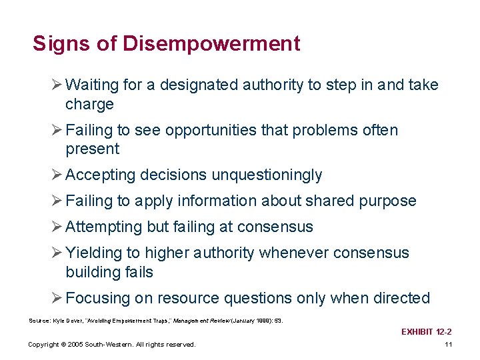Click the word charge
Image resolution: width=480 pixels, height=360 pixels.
pos(89,105)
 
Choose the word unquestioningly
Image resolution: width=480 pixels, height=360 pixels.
pos(267,175)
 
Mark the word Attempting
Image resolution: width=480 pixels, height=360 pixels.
pos(105,227)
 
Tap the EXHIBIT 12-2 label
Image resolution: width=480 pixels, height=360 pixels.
pos(427,331)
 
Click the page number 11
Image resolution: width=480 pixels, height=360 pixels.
pos(448,344)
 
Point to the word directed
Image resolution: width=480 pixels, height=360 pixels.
pos(403,299)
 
